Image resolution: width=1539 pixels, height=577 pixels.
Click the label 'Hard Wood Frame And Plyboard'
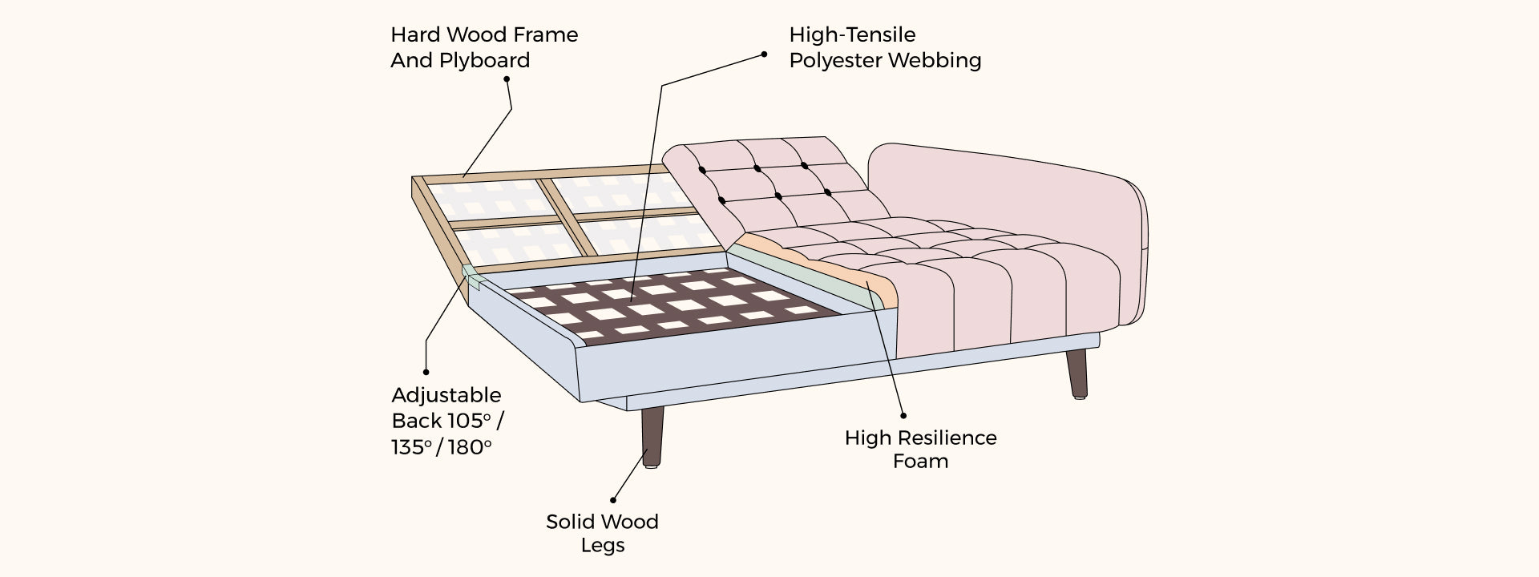pos(483,47)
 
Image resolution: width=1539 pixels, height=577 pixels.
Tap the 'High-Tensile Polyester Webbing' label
pos(884,47)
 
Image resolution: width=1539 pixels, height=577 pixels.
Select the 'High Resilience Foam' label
pos(920,449)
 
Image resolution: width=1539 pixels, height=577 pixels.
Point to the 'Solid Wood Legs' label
pos(602,533)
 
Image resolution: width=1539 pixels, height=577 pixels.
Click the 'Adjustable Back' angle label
pos(447,421)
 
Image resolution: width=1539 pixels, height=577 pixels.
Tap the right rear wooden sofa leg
pos(1078,373)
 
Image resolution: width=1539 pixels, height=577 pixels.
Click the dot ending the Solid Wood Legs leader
pos(613,498)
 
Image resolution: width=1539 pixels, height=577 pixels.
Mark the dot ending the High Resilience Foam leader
pos(903,415)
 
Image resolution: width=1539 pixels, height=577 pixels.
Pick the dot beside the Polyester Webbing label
pos(764,54)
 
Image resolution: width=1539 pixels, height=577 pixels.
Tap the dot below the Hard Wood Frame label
pos(506,79)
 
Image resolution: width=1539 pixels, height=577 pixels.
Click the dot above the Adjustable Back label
pos(426,372)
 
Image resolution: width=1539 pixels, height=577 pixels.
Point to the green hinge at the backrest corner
pos(471,276)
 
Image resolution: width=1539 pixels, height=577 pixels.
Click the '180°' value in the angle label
pos(470,446)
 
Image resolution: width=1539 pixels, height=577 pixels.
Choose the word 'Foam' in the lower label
pos(920,461)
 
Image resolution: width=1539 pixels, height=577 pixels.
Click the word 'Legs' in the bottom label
pos(602,545)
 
